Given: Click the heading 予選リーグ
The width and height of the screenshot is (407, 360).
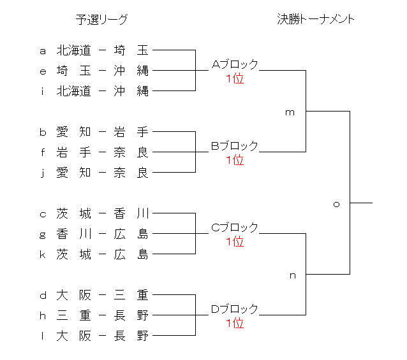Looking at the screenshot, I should point(101,20).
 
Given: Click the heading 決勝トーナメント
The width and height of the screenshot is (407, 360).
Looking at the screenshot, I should point(316,19).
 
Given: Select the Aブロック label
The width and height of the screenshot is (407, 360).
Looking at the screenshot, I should point(235,64).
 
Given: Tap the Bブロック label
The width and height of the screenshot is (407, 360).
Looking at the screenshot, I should point(235,146).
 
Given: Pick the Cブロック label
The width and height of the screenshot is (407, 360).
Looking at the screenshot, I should point(235,227).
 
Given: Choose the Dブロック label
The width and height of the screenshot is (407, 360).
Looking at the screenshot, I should point(235,309).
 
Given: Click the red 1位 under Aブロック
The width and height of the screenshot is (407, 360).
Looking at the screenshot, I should point(235,79).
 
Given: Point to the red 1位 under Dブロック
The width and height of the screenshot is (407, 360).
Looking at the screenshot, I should point(235,324).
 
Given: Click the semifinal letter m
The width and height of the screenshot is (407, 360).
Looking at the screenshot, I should point(290,112).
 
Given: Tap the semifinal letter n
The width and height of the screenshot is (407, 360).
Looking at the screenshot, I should point(293,276).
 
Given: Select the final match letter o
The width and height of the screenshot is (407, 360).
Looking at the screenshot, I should point(336,204).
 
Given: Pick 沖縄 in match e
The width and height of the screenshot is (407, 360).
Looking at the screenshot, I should point(131,71).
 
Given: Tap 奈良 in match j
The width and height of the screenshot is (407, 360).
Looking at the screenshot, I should point(131,173).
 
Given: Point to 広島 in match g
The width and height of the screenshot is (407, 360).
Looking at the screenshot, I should point(131,234).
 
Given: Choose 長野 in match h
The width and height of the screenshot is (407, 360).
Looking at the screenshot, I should point(131,315).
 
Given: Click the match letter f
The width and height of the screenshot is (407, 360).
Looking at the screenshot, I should point(43,152).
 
